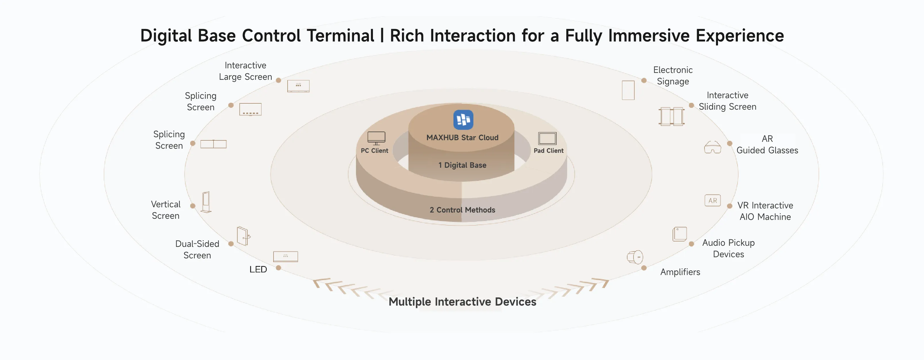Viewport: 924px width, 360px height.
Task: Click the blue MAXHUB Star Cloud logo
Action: pos(463,120)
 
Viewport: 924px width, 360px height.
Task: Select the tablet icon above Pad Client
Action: pos(547,138)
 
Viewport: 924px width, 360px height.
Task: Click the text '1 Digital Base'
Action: pos(462,165)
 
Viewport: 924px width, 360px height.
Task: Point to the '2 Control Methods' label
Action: pos(462,210)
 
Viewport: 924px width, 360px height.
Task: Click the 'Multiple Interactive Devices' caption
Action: pos(462,302)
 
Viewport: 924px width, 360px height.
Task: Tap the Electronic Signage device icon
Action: pos(628,90)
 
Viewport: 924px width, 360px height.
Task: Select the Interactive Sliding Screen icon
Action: pos(671,116)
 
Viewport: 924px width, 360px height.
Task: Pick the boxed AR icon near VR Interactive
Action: pos(713,200)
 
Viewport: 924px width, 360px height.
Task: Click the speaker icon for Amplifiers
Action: pos(635,257)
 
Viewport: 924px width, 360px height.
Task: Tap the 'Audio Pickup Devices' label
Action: pos(729,249)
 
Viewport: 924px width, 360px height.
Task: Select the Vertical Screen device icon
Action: pos(206,202)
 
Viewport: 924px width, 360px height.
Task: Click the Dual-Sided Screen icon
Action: pos(243,236)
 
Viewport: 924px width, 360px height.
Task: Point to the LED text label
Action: pos(258,270)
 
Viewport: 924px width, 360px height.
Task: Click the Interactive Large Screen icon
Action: pos(299,86)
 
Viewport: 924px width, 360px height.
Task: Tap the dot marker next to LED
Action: pos(278,268)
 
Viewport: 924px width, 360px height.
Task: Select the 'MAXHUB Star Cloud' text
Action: pos(462,138)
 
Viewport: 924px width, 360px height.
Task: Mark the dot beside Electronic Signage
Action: pos(644,81)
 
